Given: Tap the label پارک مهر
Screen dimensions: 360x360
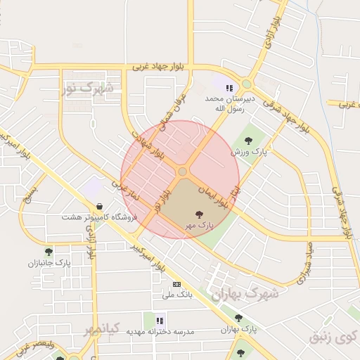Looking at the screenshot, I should point(199,224).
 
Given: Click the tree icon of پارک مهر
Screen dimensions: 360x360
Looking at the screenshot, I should point(200,213).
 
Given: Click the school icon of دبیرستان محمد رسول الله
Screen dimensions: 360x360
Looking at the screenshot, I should point(229,88).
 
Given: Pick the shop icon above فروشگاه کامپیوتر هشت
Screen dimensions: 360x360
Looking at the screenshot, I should point(99,206).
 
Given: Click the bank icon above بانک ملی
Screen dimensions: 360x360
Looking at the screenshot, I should point(176,283).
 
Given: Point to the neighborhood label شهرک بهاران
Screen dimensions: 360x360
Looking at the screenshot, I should point(245,292).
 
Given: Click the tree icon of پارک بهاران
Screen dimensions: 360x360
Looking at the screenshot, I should point(238,318).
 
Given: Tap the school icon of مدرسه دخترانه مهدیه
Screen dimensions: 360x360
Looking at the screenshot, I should point(150,319).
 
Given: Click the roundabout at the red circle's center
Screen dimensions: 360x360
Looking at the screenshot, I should point(182,172).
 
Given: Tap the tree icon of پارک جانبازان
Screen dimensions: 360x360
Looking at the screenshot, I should point(49,252).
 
